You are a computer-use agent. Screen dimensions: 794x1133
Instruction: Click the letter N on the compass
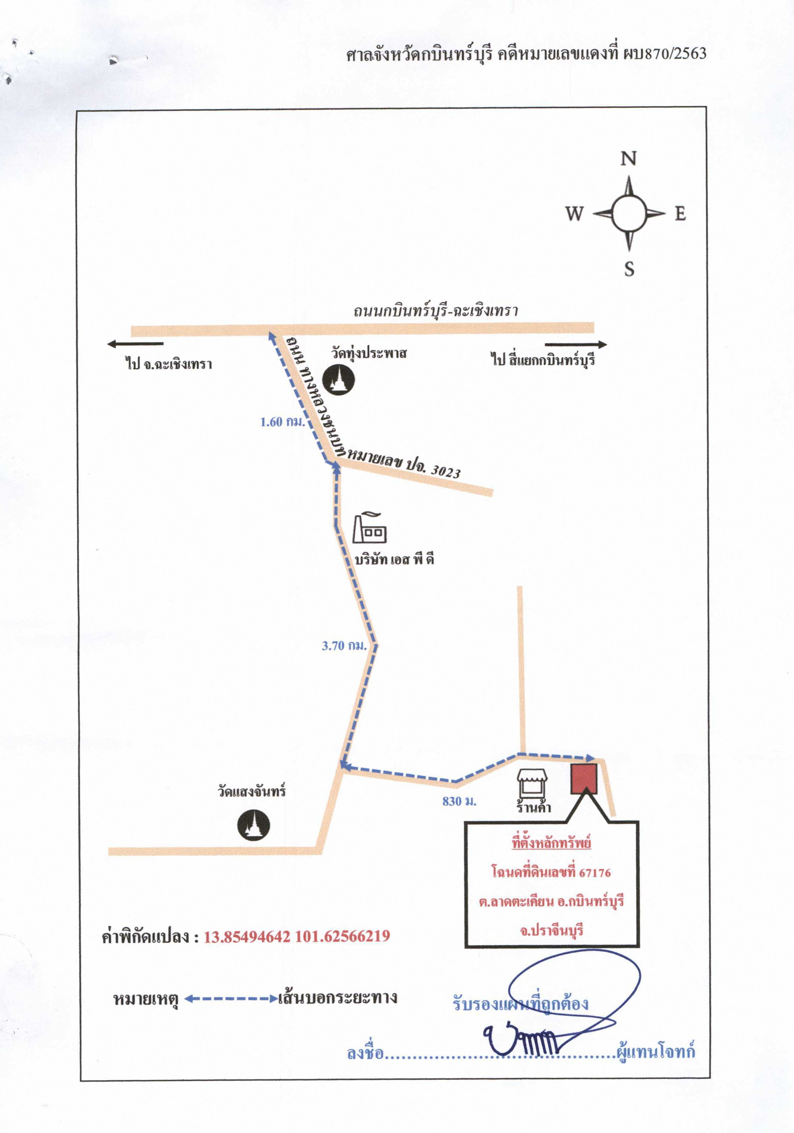point(628,158)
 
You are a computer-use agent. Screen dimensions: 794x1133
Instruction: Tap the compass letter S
point(629,269)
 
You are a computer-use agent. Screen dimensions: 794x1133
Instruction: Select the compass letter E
point(681,214)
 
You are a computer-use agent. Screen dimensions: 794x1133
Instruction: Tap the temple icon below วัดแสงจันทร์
point(254,825)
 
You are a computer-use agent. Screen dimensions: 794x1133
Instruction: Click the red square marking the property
point(584,779)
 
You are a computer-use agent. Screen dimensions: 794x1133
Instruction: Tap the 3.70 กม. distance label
point(344,646)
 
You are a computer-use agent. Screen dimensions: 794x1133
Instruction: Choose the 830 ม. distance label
point(459,801)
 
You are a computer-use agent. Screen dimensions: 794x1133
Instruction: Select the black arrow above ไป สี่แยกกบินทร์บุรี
point(576,344)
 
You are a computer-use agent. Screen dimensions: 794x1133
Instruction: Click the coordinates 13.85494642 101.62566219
point(297,936)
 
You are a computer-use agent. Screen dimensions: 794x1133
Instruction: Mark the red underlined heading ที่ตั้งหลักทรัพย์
point(551,843)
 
